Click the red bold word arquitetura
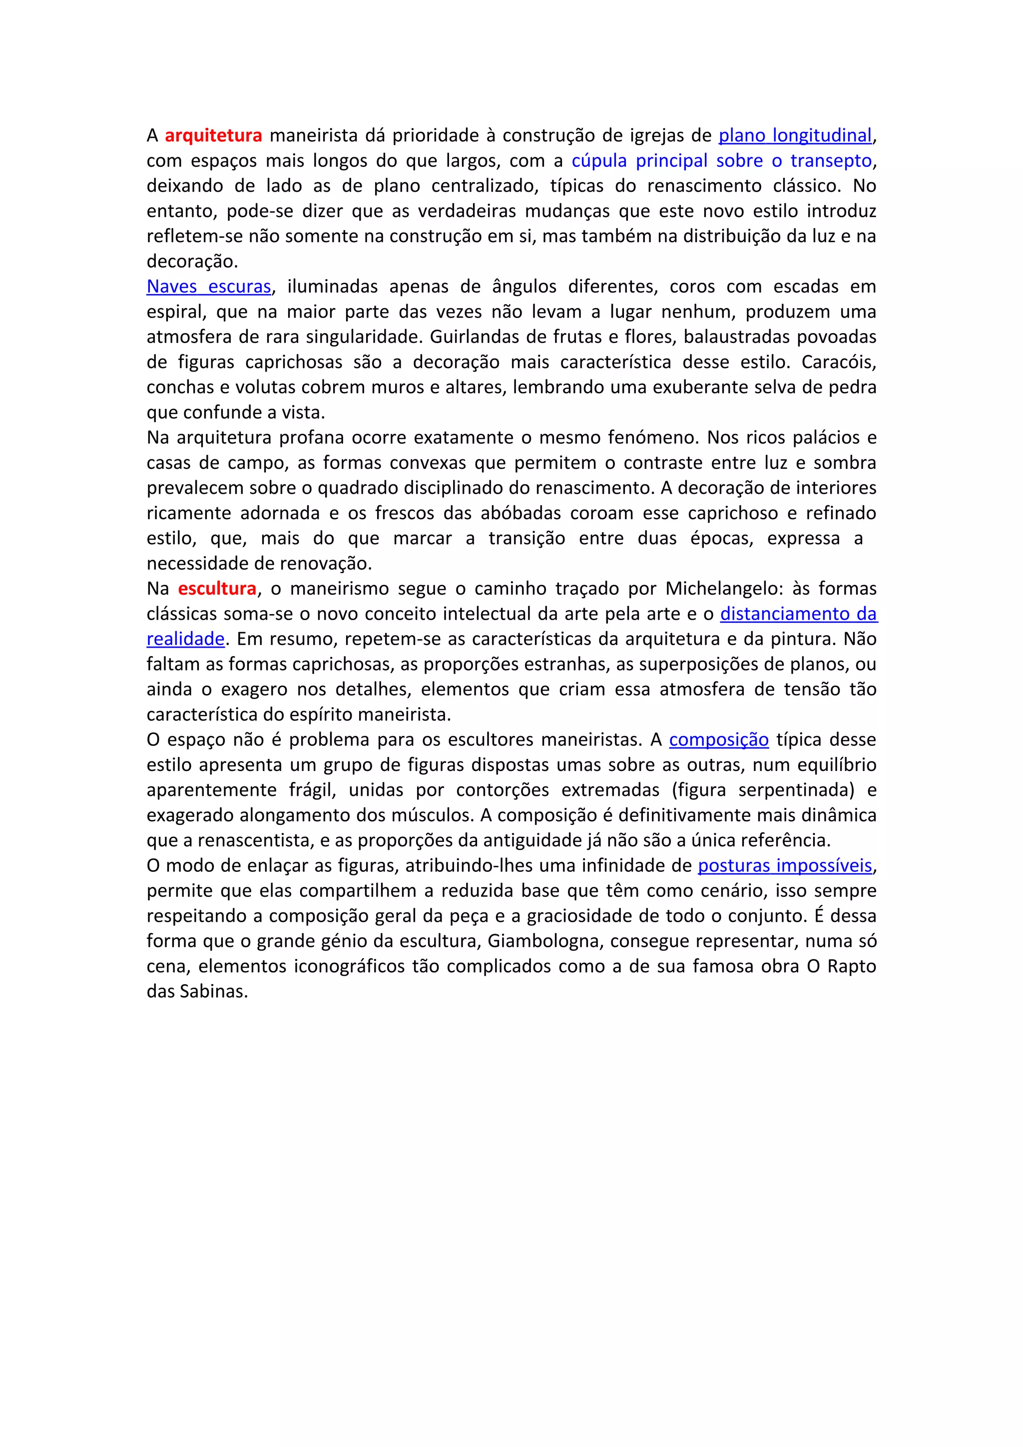point(213,135)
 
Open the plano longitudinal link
point(795,135)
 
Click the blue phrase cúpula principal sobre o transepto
point(721,161)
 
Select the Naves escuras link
point(209,287)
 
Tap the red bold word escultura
point(217,589)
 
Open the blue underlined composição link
point(719,740)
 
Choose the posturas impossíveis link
point(784,866)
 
